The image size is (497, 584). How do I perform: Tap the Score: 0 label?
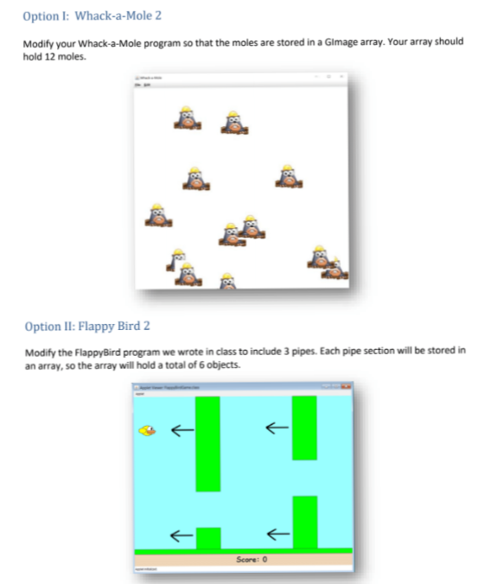coord(253,560)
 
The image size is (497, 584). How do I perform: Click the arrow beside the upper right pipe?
coord(276,426)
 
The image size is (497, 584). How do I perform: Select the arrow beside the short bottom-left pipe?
coord(180,536)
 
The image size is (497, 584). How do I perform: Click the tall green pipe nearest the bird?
coord(207,443)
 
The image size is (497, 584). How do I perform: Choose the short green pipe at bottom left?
coord(207,537)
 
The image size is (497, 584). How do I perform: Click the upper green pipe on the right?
coord(304,428)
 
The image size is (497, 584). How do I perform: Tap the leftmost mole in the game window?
coord(156,214)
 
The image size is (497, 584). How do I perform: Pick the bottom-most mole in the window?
coord(227,282)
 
